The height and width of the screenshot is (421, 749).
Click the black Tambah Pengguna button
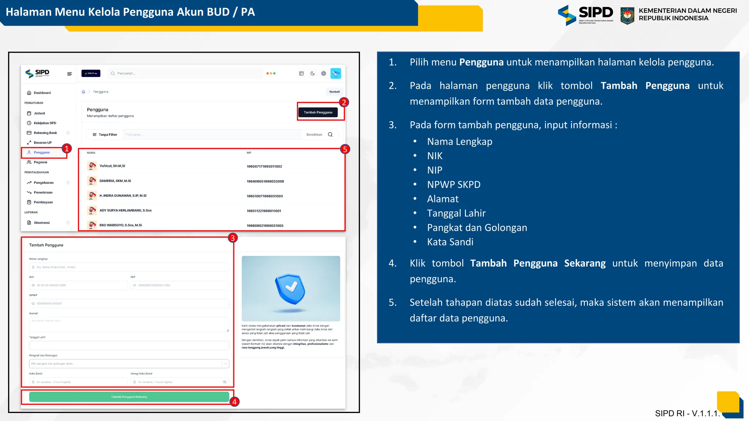pyautogui.click(x=318, y=112)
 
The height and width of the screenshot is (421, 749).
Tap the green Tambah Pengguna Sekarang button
pyautogui.click(x=129, y=397)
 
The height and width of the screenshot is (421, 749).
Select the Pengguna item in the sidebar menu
pyautogui.click(x=42, y=152)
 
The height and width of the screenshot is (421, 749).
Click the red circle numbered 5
pyautogui.click(x=345, y=149)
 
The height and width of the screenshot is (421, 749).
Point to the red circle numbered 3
pyautogui.click(x=233, y=238)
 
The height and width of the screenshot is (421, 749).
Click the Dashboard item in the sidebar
pyautogui.click(x=42, y=93)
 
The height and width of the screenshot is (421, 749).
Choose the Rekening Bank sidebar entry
pyautogui.click(x=45, y=133)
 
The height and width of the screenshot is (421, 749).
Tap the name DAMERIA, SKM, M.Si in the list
pyautogui.click(x=115, y=181)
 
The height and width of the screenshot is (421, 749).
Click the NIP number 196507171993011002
pyautogui.click(x=264, y=166)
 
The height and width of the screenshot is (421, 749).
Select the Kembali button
pyautogui.click(x=334, y=92)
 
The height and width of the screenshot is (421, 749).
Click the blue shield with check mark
pyautogui.click(x=291, y=289)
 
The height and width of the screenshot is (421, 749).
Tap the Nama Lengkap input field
pyautogui.click(x=129, y=267)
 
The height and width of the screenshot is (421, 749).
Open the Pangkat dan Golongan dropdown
pyautogui.click(x=129, y=364)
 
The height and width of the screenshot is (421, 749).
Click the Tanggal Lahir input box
pyautogui.click(x=129, y=345)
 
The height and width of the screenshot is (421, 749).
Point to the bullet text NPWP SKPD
pyautogui.click(x=453, y=185)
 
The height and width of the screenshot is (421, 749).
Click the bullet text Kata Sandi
pyautogui.click(x=450, y=242)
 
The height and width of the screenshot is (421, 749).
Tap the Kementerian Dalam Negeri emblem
pyautogui.click(x=627, y=16)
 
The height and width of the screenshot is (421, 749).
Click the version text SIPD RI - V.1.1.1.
pyautogui.click(x=687, y=413)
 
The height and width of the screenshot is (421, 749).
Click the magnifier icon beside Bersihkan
pyautogui.click(x=330, y=134)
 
